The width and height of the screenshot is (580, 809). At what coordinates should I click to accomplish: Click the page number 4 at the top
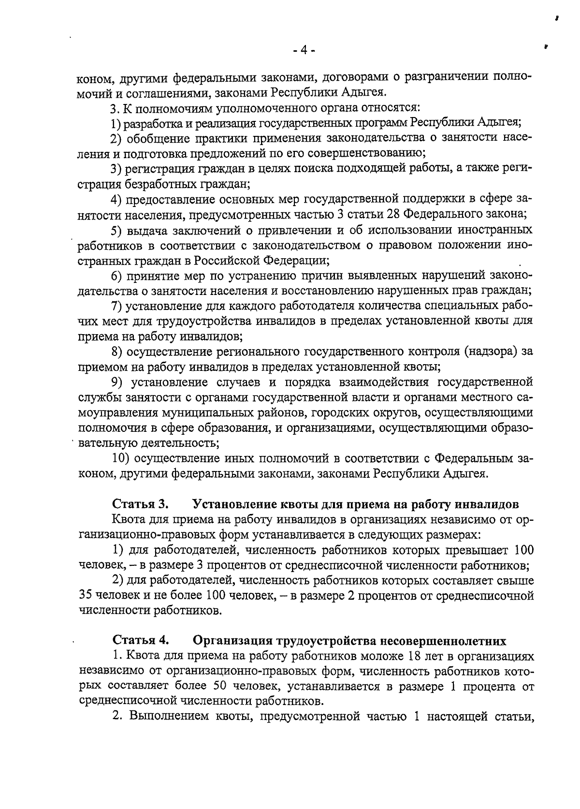304,50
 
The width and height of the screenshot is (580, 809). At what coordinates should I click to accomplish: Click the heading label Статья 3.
140,504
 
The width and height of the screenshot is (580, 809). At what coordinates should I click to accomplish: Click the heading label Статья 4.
140,641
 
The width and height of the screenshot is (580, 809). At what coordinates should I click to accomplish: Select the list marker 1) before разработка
116,122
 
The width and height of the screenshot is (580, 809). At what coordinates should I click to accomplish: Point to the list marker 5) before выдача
116,230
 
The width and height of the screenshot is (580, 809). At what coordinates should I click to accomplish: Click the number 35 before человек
85,595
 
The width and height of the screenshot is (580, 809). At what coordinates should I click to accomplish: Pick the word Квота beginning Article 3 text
128,519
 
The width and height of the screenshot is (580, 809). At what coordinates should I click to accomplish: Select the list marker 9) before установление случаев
116,382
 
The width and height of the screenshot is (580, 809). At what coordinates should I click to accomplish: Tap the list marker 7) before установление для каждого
116,306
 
